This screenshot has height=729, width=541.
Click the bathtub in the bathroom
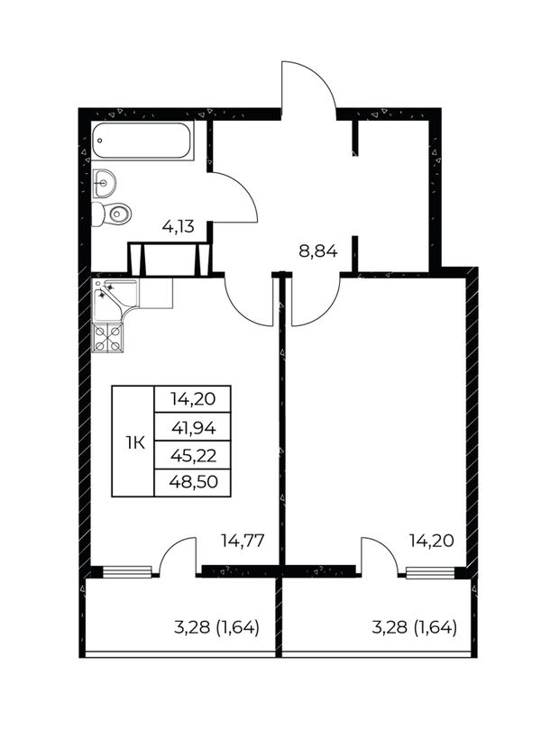coord(142,141)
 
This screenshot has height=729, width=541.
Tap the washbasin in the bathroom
coord(104,183)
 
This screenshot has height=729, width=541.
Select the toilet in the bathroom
coord(111,214)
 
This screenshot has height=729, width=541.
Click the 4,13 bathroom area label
coord(178,227)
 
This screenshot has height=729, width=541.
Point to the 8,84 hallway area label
coord(317,251)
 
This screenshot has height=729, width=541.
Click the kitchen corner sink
coord(115,299)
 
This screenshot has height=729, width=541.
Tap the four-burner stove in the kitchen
coord(108,338)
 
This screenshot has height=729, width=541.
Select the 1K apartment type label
coord(135,443)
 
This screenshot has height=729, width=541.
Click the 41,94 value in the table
coord(194,427)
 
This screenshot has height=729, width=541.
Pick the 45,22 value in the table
coord(194,455)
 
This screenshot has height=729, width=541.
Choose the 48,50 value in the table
coord(194,482)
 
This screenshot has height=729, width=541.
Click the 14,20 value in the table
coord(193,399)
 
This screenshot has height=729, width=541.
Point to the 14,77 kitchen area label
coord(243,541)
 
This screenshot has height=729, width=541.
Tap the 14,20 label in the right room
coord(431,541)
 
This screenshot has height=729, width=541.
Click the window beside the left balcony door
coord(127,572)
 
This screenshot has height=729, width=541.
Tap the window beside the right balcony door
coord(430,572)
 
